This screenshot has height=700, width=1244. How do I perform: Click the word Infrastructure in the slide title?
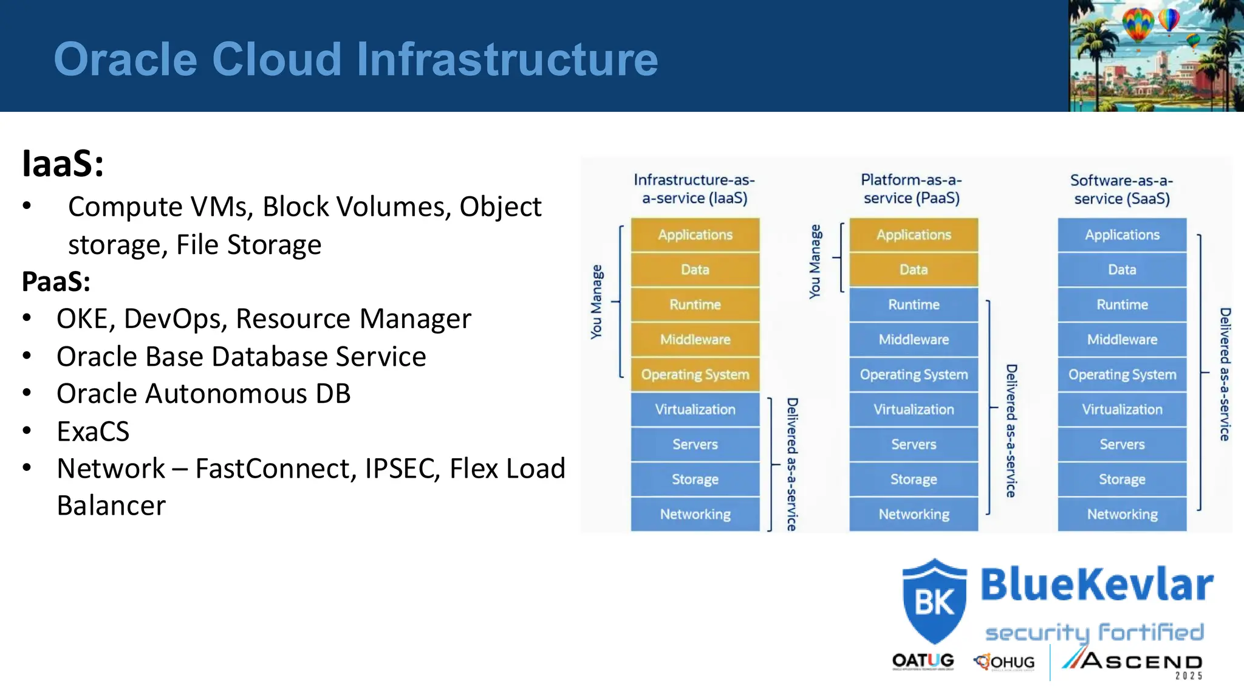coord(507,59)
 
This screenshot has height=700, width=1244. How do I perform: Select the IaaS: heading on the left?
coord(63,163)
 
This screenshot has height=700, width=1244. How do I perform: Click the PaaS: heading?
coord(56,281)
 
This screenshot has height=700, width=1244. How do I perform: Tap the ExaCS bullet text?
coord(93,431)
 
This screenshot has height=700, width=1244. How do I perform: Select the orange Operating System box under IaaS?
coord(695,374)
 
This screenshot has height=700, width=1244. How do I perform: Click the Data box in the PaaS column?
coord(914,269)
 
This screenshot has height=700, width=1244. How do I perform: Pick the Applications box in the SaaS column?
coord(1122,235)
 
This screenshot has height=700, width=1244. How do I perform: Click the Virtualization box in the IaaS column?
coord(695,410)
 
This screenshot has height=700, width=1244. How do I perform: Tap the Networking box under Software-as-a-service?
coord(1122,514)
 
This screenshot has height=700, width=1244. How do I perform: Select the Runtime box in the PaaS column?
coord(914,304)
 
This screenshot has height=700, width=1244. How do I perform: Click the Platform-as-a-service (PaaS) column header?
coord(911,189)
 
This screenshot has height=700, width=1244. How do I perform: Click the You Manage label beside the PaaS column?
coord(815,261)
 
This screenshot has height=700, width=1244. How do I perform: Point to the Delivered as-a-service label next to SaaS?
coord(1225,374)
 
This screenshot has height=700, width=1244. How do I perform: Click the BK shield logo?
coord(934,602)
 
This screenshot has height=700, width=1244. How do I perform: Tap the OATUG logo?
coord(923,661)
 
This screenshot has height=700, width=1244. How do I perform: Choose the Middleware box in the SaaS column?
coord(1122,340)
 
